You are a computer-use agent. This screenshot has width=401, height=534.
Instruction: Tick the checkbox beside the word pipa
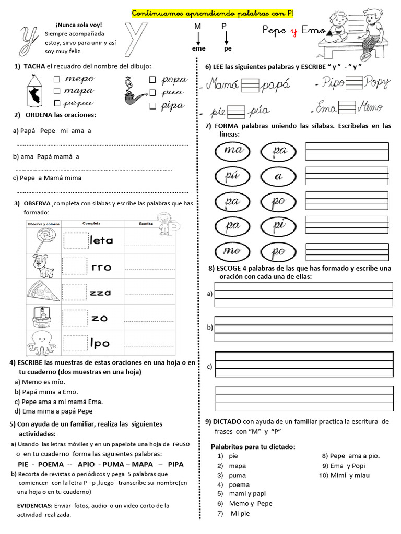pos(152,106)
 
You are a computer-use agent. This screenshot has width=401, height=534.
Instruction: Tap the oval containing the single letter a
pos(278,177)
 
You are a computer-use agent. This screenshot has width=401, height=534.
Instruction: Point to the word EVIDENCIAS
pos(34,506)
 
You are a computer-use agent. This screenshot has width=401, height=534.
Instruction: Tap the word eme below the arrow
pos(198,48)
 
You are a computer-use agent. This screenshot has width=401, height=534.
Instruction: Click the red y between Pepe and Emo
pos(293,31)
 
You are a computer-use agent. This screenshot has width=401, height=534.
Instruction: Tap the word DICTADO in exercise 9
pos(226,421)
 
